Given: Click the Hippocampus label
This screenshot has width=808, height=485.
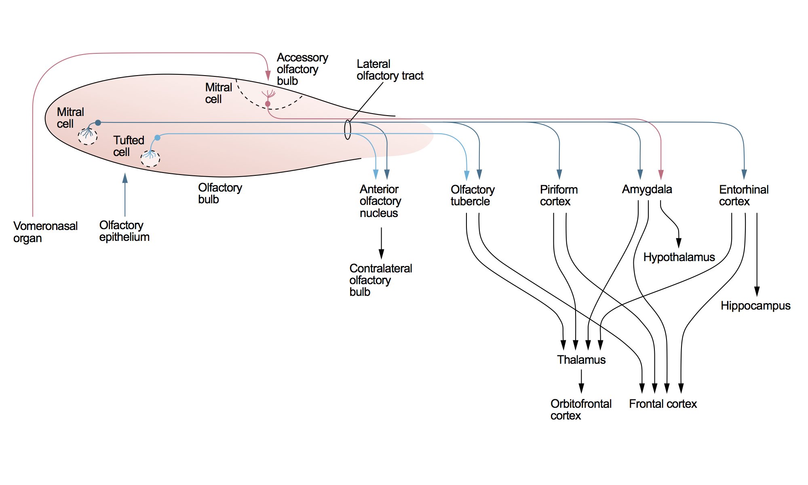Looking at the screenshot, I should (x=755, y=306).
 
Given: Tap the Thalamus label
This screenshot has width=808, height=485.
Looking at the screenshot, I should (x=581, y=360).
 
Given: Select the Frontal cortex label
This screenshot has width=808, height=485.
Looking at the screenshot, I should (x=663, y=404).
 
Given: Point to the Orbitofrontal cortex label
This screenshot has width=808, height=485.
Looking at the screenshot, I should (x=581, y=409).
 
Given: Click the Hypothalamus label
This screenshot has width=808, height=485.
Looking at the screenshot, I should (x=679, y=257).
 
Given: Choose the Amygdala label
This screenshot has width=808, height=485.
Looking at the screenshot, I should (x=647, y=189).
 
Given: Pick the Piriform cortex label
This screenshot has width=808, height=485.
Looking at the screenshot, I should (x=559, y=195).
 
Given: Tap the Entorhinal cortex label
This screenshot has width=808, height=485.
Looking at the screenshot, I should (x=743, y=195).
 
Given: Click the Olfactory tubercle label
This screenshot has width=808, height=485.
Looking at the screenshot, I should (x=473, y=195).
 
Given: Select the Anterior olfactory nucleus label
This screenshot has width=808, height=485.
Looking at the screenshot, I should (x=380, y=201).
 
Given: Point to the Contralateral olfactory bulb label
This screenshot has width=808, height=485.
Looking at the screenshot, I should (x=380, y=280).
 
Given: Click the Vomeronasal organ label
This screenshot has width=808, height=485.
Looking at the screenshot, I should (x=45, y=232).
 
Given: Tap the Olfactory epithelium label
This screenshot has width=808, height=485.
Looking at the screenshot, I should (x=124, y=231).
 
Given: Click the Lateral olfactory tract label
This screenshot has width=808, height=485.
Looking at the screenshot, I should (x=390, y=70).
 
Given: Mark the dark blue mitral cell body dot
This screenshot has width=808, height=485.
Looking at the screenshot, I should (x=98, y=122).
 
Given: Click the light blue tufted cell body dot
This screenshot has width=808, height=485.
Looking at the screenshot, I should (x=158, y=138).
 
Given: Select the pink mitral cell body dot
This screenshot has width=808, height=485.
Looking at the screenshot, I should (x=268, y=104).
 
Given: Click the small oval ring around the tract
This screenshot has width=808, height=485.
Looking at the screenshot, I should (x=348, y=130).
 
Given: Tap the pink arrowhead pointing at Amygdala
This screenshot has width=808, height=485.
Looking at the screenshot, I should (x=661, y=175).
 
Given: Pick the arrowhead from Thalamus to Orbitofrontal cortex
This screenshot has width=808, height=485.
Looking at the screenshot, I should (x=581, y=388).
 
